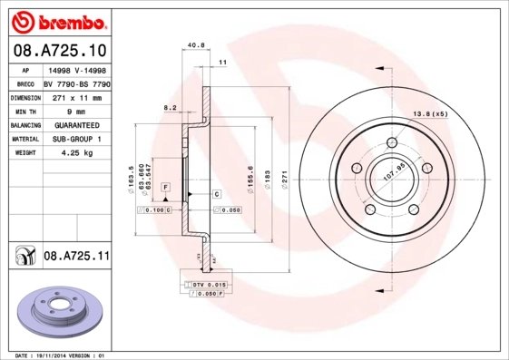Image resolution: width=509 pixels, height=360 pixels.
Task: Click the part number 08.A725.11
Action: tap(76, 257)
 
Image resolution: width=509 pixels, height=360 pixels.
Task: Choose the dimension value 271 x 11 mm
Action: tap(76, 97)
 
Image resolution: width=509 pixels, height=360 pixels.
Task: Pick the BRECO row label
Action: tap(26, 83)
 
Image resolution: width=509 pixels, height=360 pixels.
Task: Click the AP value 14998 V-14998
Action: tap(76, 70)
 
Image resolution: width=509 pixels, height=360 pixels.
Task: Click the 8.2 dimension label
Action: tap(169, 107)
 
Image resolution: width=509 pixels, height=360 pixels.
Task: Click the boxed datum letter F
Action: tap(166, 186)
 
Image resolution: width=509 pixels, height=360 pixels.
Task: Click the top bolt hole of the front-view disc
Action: tap(393, 141)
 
